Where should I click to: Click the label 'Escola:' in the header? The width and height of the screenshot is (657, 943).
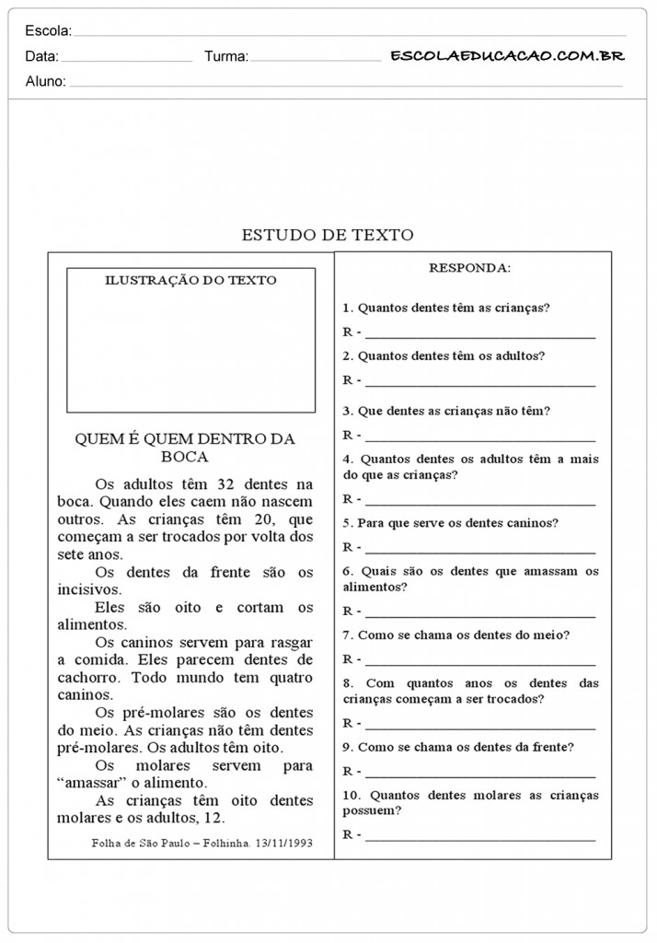tap(48, 31)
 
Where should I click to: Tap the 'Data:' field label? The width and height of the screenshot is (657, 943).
tap(42, 56)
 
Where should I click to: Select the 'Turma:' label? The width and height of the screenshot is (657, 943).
tap(225, 56)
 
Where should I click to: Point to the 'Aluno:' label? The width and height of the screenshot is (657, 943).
tap(46, 81)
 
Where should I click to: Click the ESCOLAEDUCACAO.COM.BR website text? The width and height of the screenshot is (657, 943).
tap(507, 56)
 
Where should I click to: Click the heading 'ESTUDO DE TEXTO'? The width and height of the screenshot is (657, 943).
tap(327, 235)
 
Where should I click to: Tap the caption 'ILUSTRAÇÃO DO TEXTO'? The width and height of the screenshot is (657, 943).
tap(190, 280)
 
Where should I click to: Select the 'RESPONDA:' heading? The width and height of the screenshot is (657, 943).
tap(469, 268)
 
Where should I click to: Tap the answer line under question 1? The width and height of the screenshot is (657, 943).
tap(479, 332)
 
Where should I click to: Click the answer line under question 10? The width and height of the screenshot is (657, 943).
tap(479, 835)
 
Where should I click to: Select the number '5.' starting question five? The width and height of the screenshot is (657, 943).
tap(348, 523)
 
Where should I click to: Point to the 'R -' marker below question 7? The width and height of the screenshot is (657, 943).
tap(352, 658)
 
